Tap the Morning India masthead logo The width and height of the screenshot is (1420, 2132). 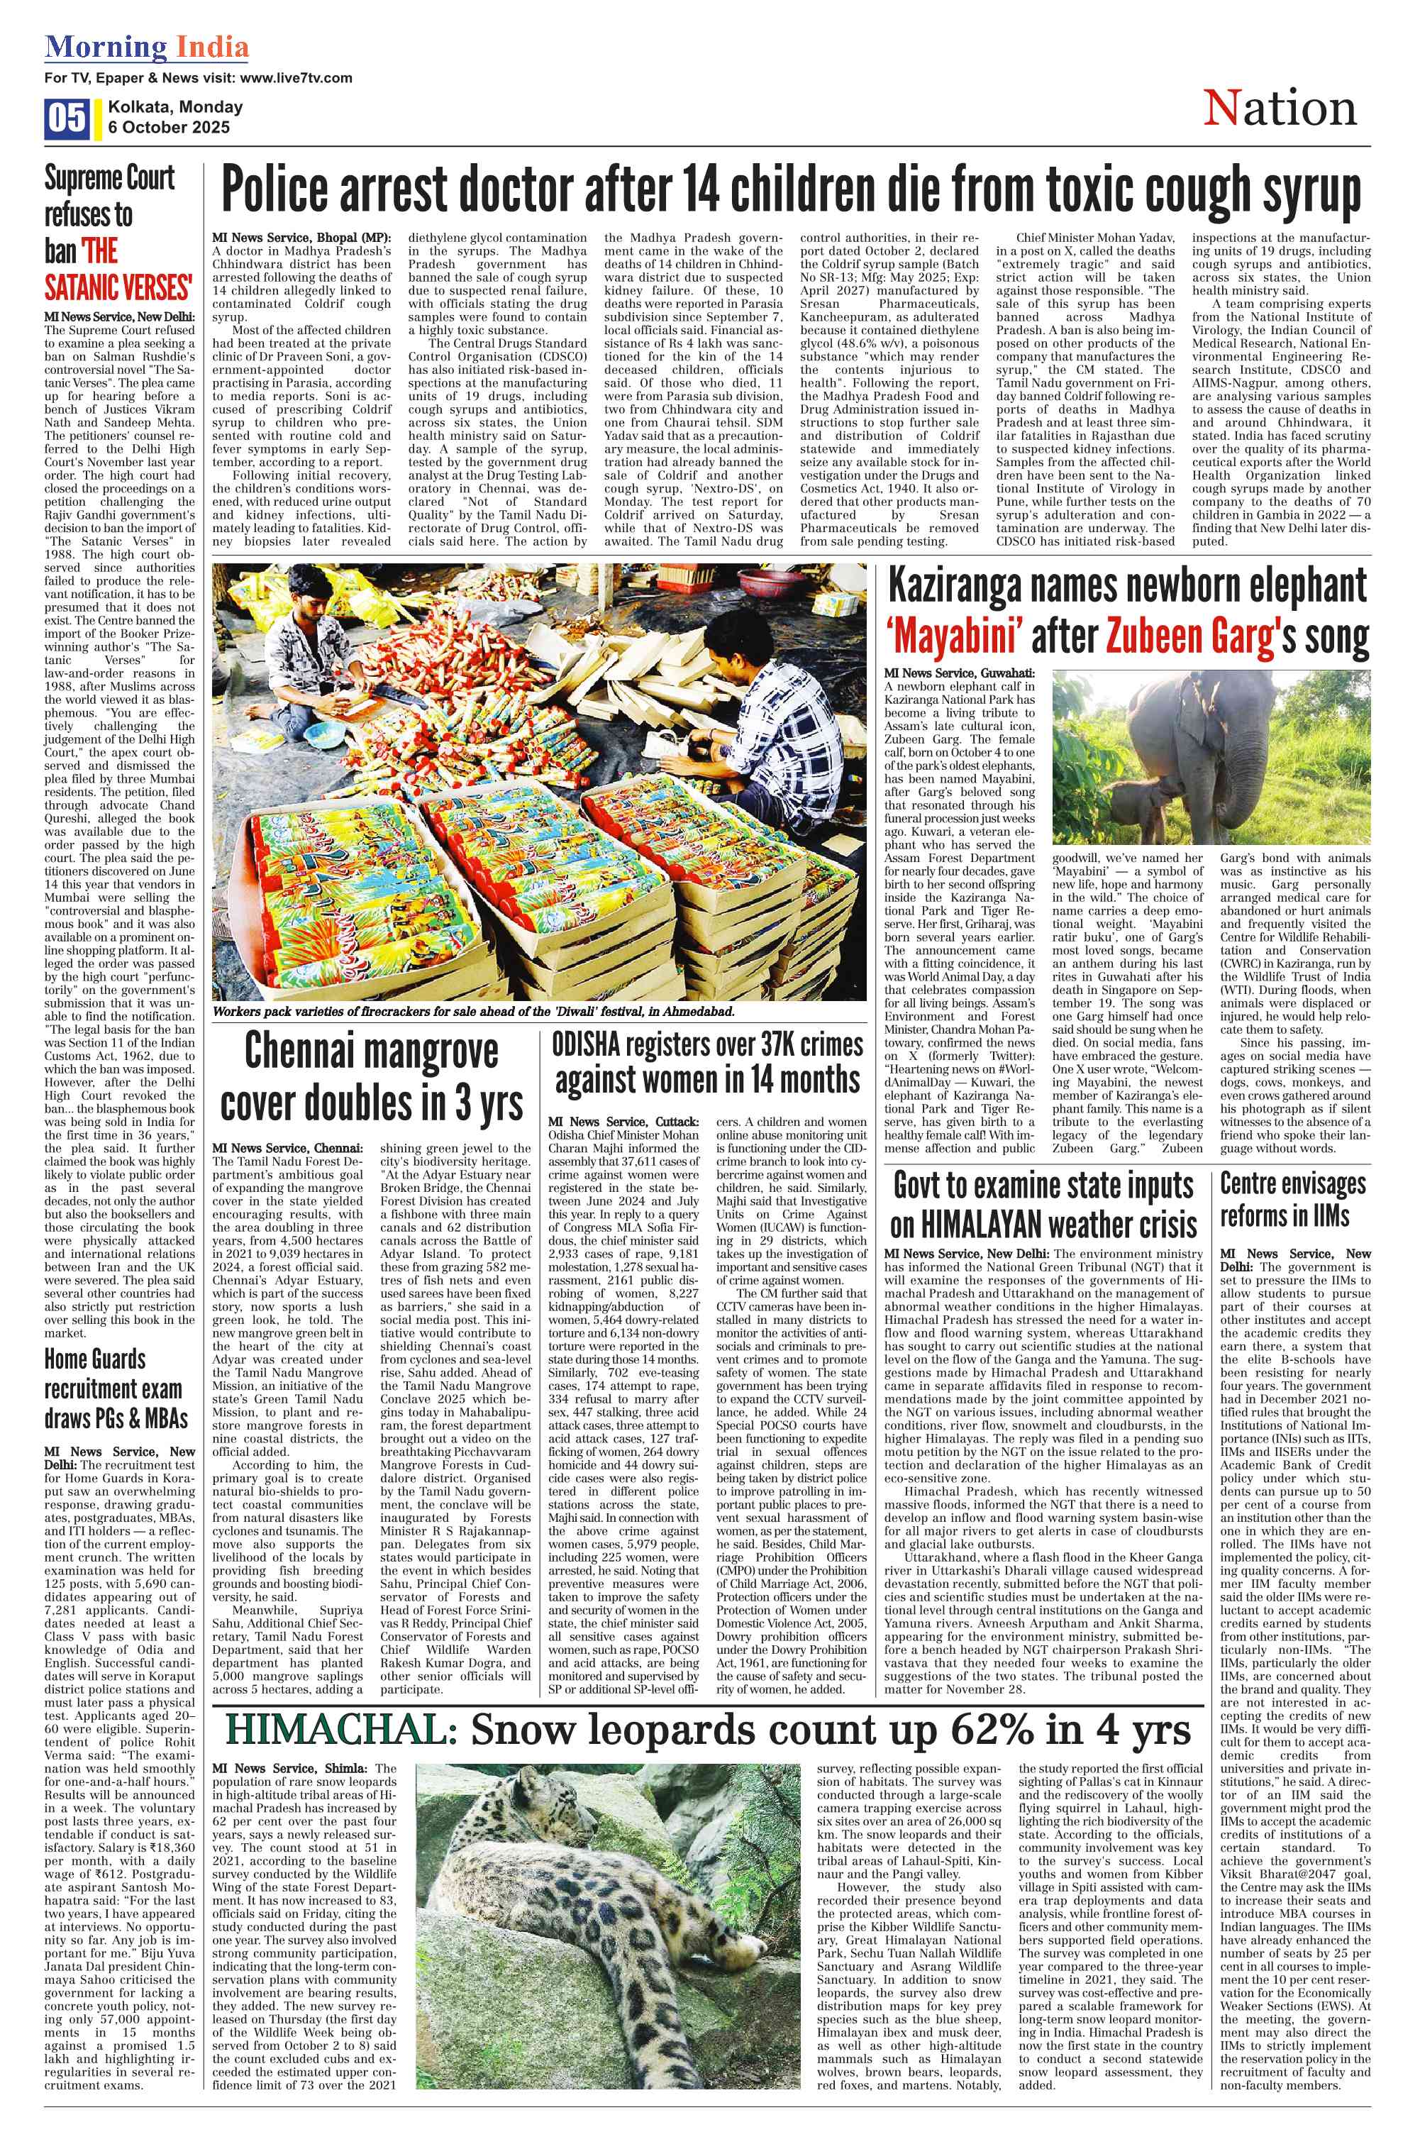tap(147, 46)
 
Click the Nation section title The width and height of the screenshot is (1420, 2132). tap(1279, 109)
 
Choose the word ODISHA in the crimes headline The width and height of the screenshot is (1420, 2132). tap(586, 1046)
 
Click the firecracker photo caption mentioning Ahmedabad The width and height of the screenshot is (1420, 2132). tap(474, 1012)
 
